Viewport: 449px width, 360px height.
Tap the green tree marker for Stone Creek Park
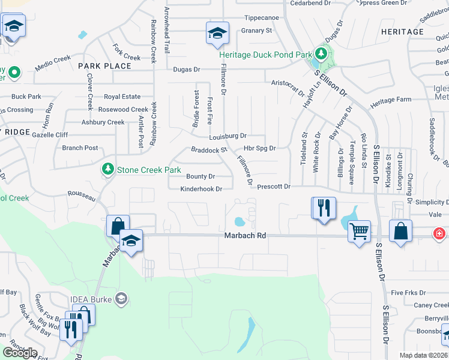[108, 169]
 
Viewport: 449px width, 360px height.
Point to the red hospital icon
[440, 232]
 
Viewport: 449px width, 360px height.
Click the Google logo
[20, 352]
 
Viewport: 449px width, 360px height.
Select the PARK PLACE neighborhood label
[104, 66]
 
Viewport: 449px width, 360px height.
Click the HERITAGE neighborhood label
[402, 32]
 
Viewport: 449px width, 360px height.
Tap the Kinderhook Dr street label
[202, 189]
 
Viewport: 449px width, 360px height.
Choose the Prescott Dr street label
[274, 187]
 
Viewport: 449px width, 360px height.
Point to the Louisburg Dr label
[228, 136]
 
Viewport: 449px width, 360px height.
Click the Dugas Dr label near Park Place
[186, 70]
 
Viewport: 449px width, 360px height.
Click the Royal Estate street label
[122, 97]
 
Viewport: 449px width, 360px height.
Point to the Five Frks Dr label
[408, 293]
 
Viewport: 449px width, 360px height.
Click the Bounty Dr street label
[200, 176]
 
